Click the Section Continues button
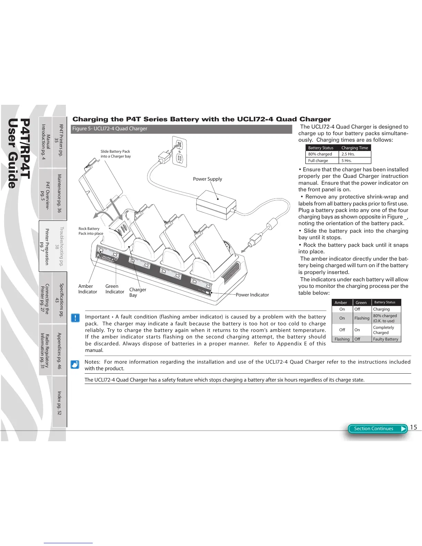pyautogui.click(x=377, y=428)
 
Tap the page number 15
pyautogui.click(x=413, y=427)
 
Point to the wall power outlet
pyautogui.click(x=179, y=152)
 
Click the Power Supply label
pyautogui.click(x=207, y=179)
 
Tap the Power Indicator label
pyautogui.click(x=252, y=295)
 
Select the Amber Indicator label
pyautogui.click(x=87, y=289)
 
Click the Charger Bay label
pyautogui.click(x=138, y=292)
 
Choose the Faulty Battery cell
pyautogui.click(x=385, y=339)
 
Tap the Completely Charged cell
pyautogui.click(x=383, y=330)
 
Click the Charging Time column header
pyautogui.click(x=354, y=148)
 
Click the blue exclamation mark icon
pyautogui.click(x=75, y=317)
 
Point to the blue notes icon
pyautogui.click(x=75, y=364)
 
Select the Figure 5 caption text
pyautogui.click(x=110, y=129)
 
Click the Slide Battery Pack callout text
pyautogui.click(x=115, y=154)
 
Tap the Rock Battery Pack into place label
pyautogui.click(x=91, y=231)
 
